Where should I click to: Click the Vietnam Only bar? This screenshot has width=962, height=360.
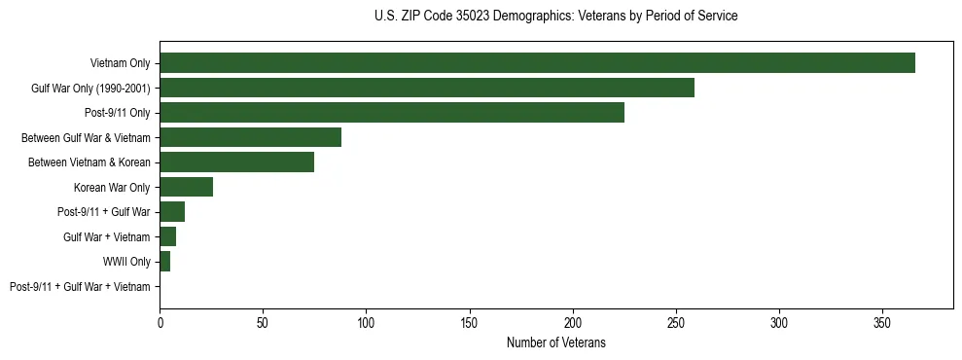coord(537,63)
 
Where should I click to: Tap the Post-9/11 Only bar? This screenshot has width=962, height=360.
coord(392,113)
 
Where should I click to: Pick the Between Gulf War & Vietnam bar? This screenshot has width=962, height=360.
coord(250,137)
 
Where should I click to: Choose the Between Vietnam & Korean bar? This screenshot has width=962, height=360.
coord(236,162)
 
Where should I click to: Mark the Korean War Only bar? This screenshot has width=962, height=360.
coord(186,187)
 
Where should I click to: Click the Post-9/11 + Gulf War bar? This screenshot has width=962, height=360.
coord(172,212)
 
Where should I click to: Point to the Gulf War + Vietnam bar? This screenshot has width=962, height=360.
coord(167,236)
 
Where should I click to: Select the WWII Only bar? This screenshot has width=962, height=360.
coord(164,262)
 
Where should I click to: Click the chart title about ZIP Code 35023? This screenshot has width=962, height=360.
coord(555,16)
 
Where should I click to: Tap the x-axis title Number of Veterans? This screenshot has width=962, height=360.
coord(555,342)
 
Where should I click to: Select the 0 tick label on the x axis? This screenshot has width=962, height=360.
coord(160,320)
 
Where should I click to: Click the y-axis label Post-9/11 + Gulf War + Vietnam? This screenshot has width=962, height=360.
coord(80,287)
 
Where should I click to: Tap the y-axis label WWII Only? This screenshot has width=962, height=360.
coord(126,262)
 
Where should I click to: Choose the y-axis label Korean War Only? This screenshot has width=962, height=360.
coord(112,188)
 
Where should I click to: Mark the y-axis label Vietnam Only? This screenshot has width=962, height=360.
coord(120,64)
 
